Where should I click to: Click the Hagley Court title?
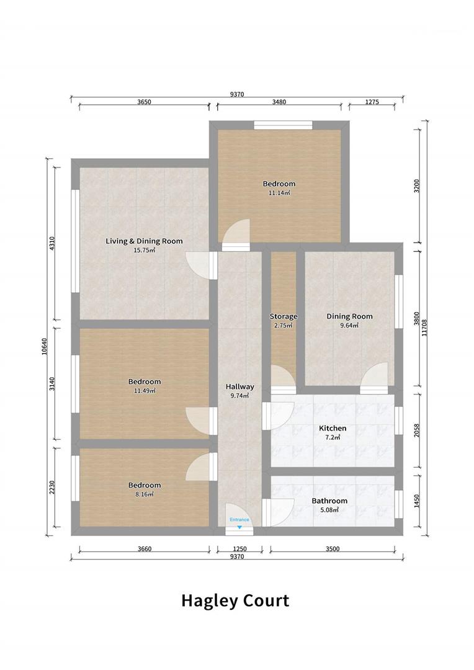tap(235, 601)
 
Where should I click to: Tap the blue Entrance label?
tap(239, 520)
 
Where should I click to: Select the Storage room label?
tap(284, 316)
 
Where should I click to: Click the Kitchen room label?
tap(333, 428)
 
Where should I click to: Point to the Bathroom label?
tap(329, 501)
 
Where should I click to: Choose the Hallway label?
tap(239, 386)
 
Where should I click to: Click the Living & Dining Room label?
tap(144, 241)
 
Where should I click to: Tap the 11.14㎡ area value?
tap(279, 193)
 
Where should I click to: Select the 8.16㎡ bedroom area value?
tap(145, 494)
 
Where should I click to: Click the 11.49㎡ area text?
tap(145, 391)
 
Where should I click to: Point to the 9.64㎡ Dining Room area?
tap(350, 325)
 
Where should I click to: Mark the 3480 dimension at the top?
tap(279, 102)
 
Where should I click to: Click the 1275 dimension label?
tap(372, 102)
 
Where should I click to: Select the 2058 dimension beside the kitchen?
tap(417, 431)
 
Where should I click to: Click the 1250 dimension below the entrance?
tap(239, 549)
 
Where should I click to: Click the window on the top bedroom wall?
tap(282, 125)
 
